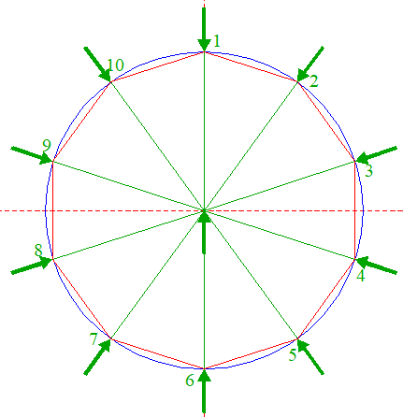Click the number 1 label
217,41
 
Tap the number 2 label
313,80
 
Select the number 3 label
368,171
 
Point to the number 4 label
360,276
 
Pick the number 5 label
292,355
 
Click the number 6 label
190,380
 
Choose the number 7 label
94,338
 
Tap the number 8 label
38,251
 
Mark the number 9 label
47,146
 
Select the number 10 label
115,65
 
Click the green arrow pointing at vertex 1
204,29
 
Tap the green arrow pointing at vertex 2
310,65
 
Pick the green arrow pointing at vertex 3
376,155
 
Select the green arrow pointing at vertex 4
376,266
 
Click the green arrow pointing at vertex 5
310,356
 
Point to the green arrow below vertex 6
204,391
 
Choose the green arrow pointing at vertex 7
97,356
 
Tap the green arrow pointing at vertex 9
32,155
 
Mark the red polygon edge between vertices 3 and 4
355,210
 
